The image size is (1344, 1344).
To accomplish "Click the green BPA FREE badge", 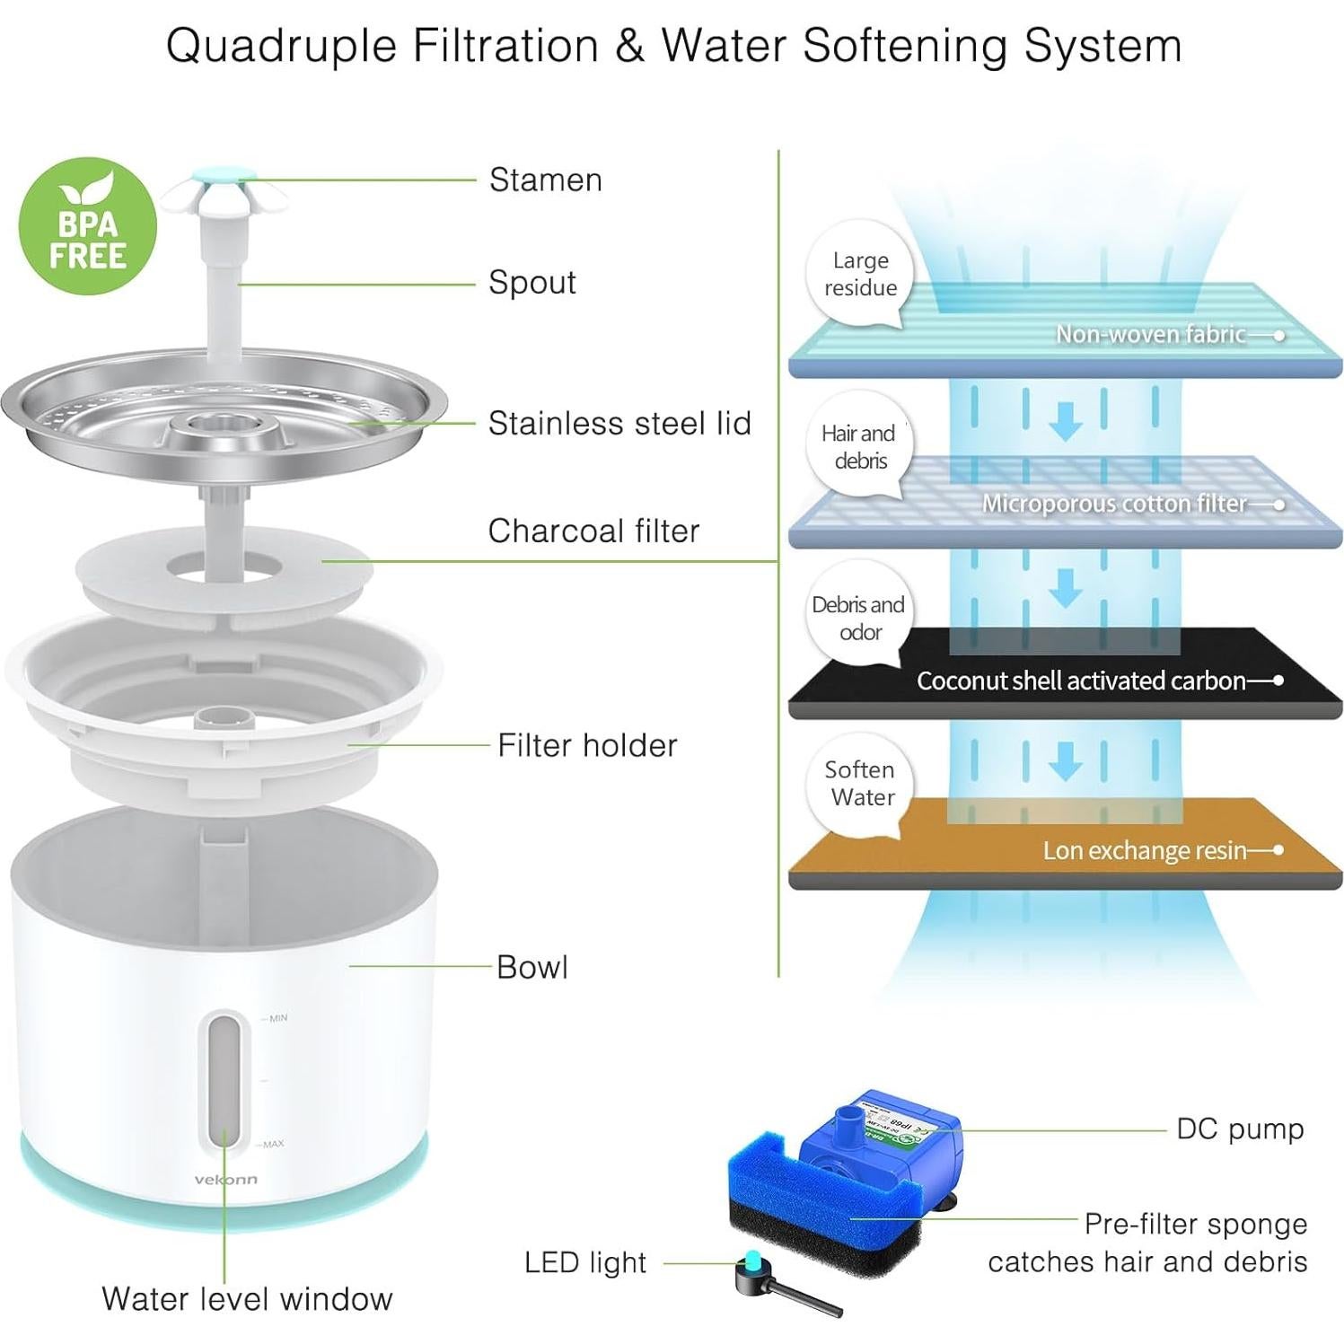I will click(87, 226).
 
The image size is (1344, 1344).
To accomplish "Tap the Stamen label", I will click(545, 180).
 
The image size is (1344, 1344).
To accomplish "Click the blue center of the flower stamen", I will click(224, 179).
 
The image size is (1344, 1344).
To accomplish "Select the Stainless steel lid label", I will click(619, 423).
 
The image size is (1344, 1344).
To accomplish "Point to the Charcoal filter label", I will click(593, 531).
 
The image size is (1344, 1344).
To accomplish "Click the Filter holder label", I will click(587, 745).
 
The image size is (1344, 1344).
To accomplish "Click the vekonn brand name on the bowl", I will click(225, 1179).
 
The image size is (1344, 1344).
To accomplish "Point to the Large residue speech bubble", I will click(860, 274).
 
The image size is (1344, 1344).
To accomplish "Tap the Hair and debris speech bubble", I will click(859, 447).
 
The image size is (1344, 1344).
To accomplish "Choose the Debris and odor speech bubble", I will click(858, 618).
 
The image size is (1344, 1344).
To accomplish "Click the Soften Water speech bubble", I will click(860, 783).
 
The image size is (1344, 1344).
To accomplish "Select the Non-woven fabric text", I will click(1150, 334).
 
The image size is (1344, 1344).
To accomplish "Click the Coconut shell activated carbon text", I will click(1080, 681).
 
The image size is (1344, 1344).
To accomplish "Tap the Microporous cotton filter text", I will click(1113, 504).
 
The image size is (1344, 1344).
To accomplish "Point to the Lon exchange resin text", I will click(1144, 850).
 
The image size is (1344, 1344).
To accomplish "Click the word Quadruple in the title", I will click(281, 47).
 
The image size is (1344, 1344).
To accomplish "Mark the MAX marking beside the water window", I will click(273, 1144).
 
